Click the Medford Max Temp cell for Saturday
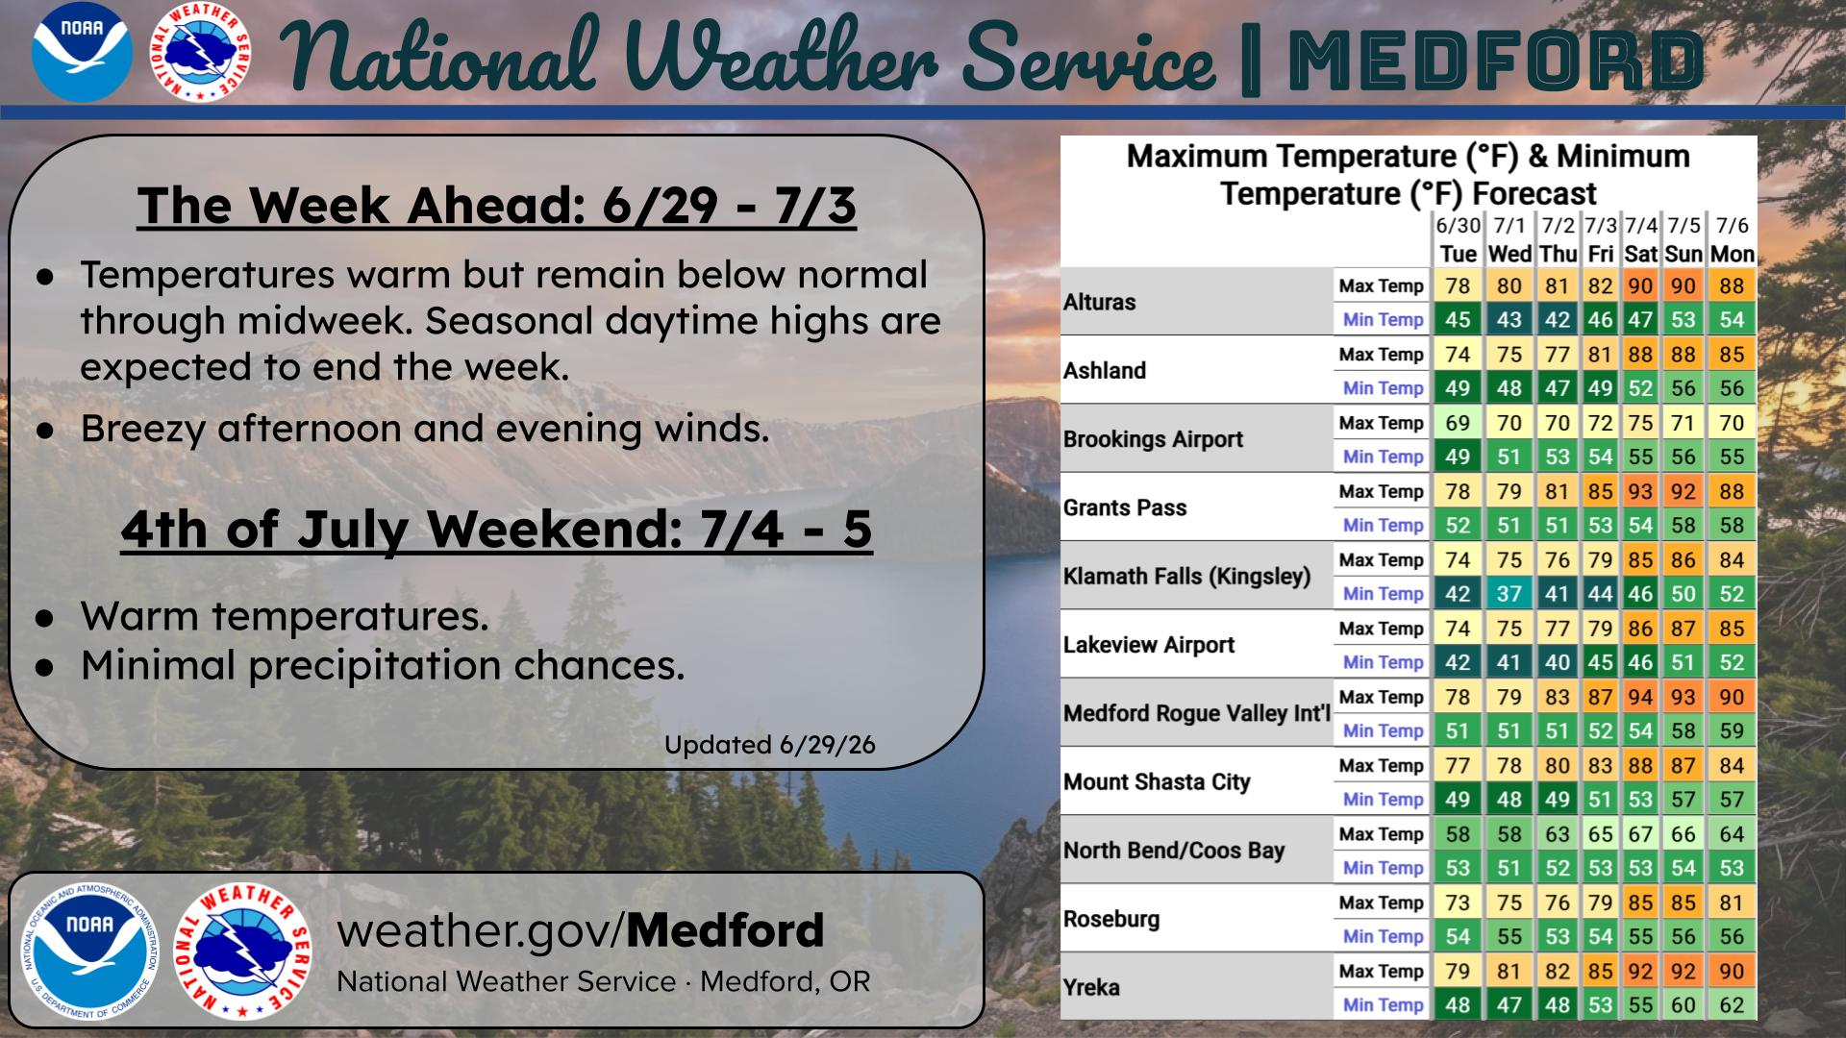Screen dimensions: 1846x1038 (x=1640, y=697)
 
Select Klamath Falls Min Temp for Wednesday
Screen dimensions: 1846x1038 (x=1509, y=593)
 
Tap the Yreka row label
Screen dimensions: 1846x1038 (x=1091, y=987)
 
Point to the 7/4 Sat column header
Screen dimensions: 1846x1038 (x=1640, y=240)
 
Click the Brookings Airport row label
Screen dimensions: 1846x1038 (x=1153, y=439)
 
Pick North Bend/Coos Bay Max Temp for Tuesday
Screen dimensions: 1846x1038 (x=1458, y=834)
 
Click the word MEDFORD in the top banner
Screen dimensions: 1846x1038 (x=1495, y=60)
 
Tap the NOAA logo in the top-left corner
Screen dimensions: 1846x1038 (x=82, y=53)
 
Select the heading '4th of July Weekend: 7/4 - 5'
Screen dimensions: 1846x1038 (x=496, y=530)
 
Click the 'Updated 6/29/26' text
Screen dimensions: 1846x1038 (x=770, y=745)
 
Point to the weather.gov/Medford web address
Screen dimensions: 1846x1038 (x=580, y=930)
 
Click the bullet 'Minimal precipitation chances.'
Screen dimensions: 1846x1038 (x=383, y=665)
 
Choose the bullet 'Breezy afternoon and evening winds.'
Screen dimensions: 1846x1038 (x=425, y=429)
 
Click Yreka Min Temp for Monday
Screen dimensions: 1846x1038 (x=1732, y=1004)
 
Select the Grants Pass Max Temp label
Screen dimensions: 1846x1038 (x=1381, y=491)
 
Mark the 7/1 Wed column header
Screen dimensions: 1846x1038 (x=1509, y=240)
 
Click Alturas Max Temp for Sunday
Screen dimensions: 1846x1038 (x=1683, y=285)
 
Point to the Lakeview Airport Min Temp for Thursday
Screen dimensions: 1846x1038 (x=1557, y=662)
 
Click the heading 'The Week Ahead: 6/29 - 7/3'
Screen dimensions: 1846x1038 (x=496, y=206)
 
